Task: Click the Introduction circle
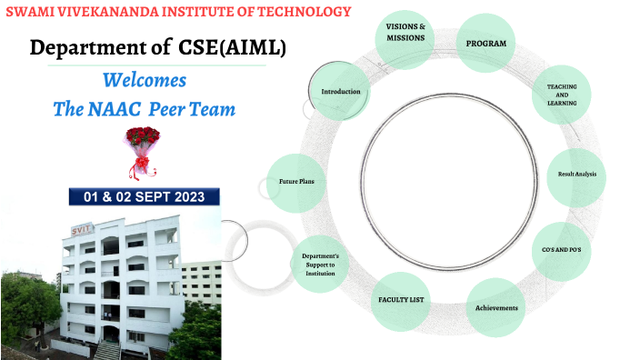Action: pos(340,92)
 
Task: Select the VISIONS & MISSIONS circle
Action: pos(405,33)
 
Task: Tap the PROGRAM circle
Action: pos(485,44)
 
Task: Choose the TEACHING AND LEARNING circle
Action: pos(561,95)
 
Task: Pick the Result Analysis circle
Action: pos(576,174)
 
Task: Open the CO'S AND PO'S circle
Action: pos(561,248)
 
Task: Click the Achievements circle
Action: pos(496,307)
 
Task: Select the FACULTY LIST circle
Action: pos(400,299)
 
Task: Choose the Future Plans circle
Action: pos(296,182)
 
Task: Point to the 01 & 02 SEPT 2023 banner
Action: pos(144,196)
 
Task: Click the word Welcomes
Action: pos(145,79)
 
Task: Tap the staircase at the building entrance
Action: pos(108,348)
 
